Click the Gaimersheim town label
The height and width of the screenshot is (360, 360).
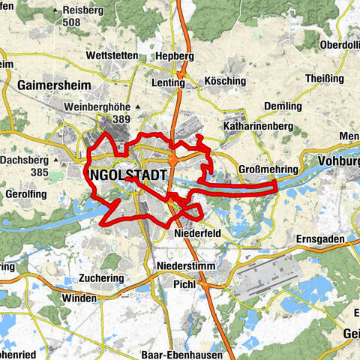tap(49, 86)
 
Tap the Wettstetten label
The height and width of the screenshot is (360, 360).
tap(111, 56)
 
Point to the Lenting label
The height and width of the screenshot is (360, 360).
tap(168, 84)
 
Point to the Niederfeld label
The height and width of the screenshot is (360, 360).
tap(196, 233)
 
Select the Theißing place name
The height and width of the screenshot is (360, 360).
tap(323, 78)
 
